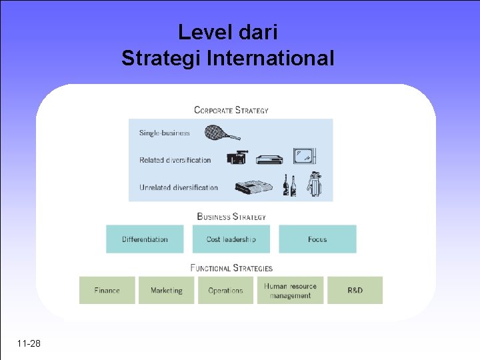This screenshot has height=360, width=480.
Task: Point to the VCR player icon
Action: (269, 159)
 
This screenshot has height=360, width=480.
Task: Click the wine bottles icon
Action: (289, 185)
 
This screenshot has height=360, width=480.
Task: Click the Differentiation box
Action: (145, 239)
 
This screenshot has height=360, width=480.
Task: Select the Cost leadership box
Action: (231, 239)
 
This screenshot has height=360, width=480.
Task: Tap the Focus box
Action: (317, 239)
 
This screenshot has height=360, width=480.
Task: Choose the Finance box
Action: (107, 291)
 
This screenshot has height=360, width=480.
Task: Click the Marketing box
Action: (166, 291)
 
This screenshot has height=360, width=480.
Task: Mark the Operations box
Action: (225, 291)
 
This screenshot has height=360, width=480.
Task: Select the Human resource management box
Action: (290, 291)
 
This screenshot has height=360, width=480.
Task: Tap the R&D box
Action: (355, 291)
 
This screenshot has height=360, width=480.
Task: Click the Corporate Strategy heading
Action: (231, 110)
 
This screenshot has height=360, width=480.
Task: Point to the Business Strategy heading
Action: (231, 217)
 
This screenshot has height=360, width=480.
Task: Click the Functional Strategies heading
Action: (231, 268)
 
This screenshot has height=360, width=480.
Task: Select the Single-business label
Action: (164, 133)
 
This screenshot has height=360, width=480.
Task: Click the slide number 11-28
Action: (29, 343)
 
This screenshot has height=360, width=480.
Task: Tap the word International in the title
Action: (271, 59)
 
